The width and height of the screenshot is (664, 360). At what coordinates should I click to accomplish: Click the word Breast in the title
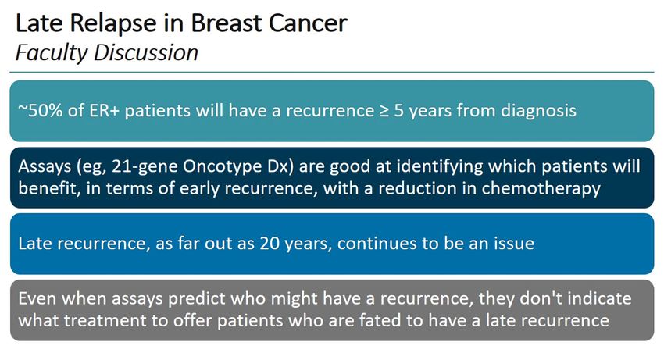click(226, 23)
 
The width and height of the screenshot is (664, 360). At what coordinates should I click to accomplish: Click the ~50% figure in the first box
click(41, 111)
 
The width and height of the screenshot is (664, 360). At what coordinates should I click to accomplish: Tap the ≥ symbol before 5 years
click(384, 111)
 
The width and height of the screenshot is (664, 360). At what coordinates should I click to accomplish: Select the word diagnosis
click(539, 111)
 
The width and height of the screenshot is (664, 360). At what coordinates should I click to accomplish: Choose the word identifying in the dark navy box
click(440, 167)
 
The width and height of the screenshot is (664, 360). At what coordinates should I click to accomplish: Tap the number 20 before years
click(269, 244)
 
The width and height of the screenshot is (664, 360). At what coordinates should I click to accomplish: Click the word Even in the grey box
click(37, 298)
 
